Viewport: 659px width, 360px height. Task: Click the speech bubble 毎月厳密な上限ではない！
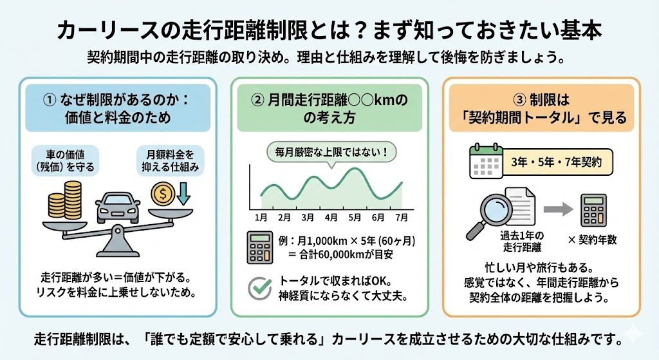coord(331,153)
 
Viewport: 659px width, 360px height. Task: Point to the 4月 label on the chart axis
coord(331,218)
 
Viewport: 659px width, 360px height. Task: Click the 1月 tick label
coord(261,218)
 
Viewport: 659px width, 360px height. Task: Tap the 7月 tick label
coord(402,218)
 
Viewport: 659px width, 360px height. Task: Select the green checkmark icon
coord(261,289)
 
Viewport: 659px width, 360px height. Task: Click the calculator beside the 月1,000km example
coord(261,248)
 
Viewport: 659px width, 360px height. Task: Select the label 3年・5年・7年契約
coord(557,162)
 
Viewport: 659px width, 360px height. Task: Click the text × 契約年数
coord(593,240)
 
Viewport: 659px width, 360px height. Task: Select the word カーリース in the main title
coord(97,31)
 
